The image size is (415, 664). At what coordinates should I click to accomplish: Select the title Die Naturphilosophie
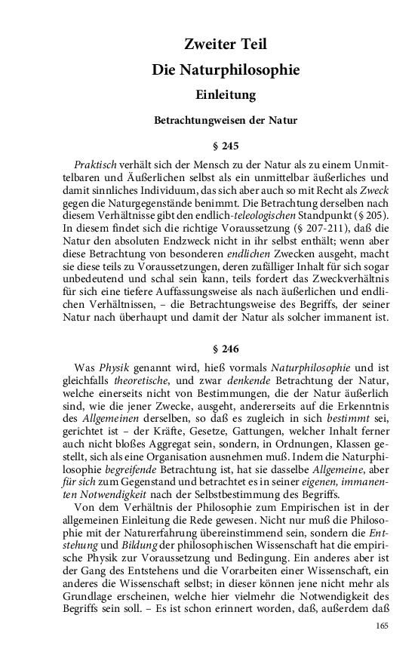click(x=226, y=70)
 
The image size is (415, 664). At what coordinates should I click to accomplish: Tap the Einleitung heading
click(x=226, y=95)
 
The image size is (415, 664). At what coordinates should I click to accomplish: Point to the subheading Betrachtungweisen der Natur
click(x=226, y=120)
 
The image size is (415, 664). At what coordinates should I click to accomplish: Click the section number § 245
click(x=226, y=146)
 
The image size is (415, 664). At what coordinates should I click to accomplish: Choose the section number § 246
click(x=226, y=349)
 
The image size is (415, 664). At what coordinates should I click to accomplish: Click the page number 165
click(x=382, y=626)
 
